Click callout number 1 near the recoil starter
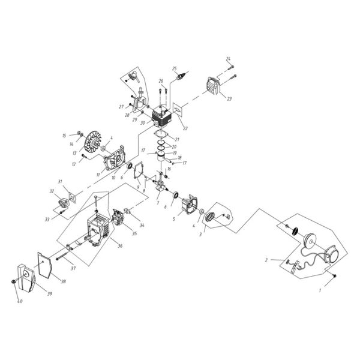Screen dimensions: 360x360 click(x=320, y=290)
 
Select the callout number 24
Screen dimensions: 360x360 click(x=228, y=58)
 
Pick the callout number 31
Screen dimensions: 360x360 click(x=60, y=182)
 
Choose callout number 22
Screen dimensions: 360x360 click(x=185, y=128)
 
